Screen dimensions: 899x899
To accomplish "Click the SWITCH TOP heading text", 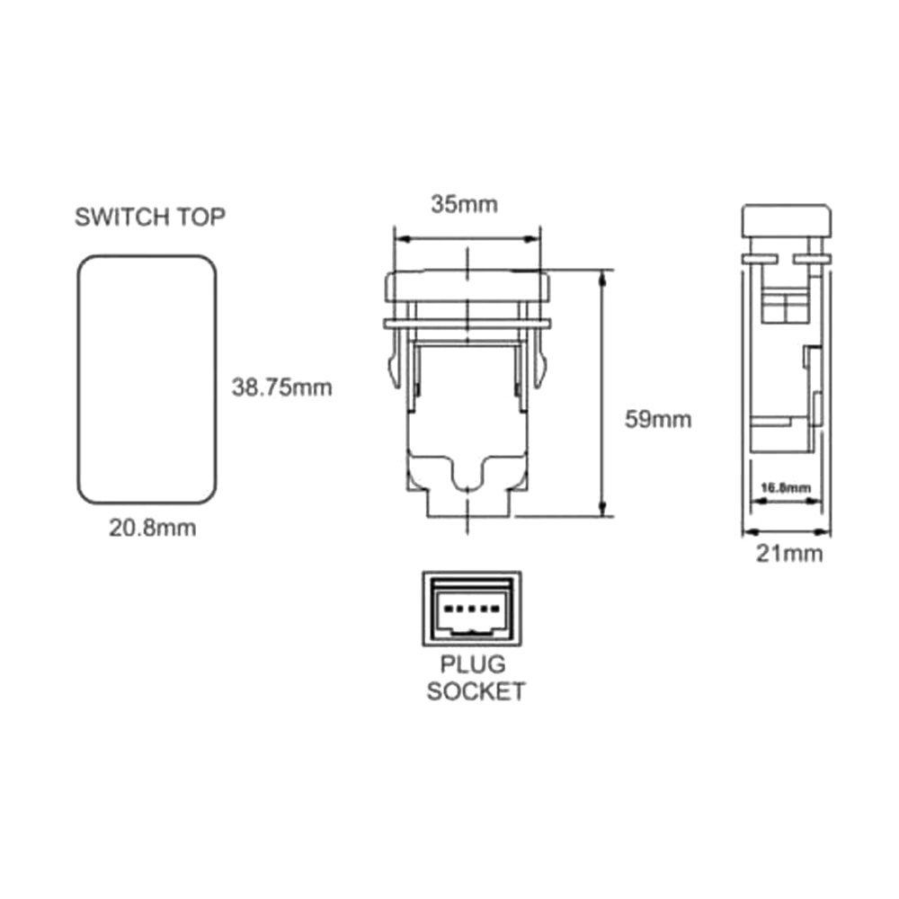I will (149, 217).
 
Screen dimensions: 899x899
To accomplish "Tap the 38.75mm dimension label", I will (281, 387).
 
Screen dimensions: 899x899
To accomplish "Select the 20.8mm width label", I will (152, 529).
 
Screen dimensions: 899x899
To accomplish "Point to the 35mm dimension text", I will (463, 204).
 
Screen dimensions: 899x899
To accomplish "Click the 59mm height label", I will (658, 419).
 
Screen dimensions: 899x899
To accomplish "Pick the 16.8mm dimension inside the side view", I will (785, 488).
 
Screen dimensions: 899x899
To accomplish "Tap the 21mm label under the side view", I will (788, 554).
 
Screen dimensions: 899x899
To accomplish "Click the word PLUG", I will (472, 666).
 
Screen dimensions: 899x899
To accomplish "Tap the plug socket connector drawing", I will (471, 609).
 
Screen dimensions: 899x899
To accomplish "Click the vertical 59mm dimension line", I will (601, 393).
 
